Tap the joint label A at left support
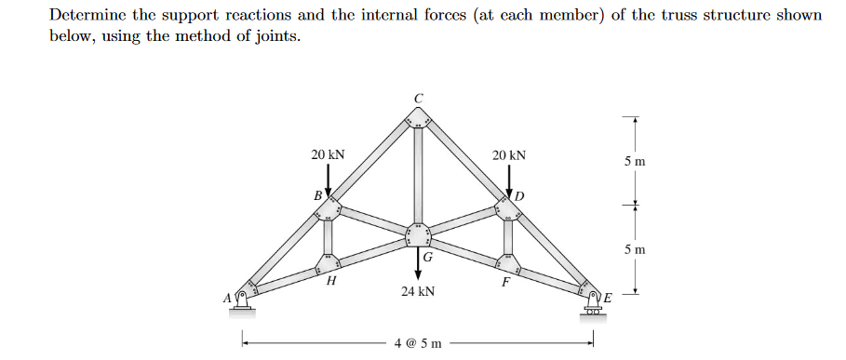(x=225, y=298)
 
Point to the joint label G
(x=427, y=256)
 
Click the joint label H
(x=330, y=278)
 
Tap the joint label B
(x=317, y=196)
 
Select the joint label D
(x=520, y=196)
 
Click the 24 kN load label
(x=418, y=291)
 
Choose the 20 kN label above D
(x=509, y=153)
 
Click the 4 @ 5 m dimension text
(x=418, y=342)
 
